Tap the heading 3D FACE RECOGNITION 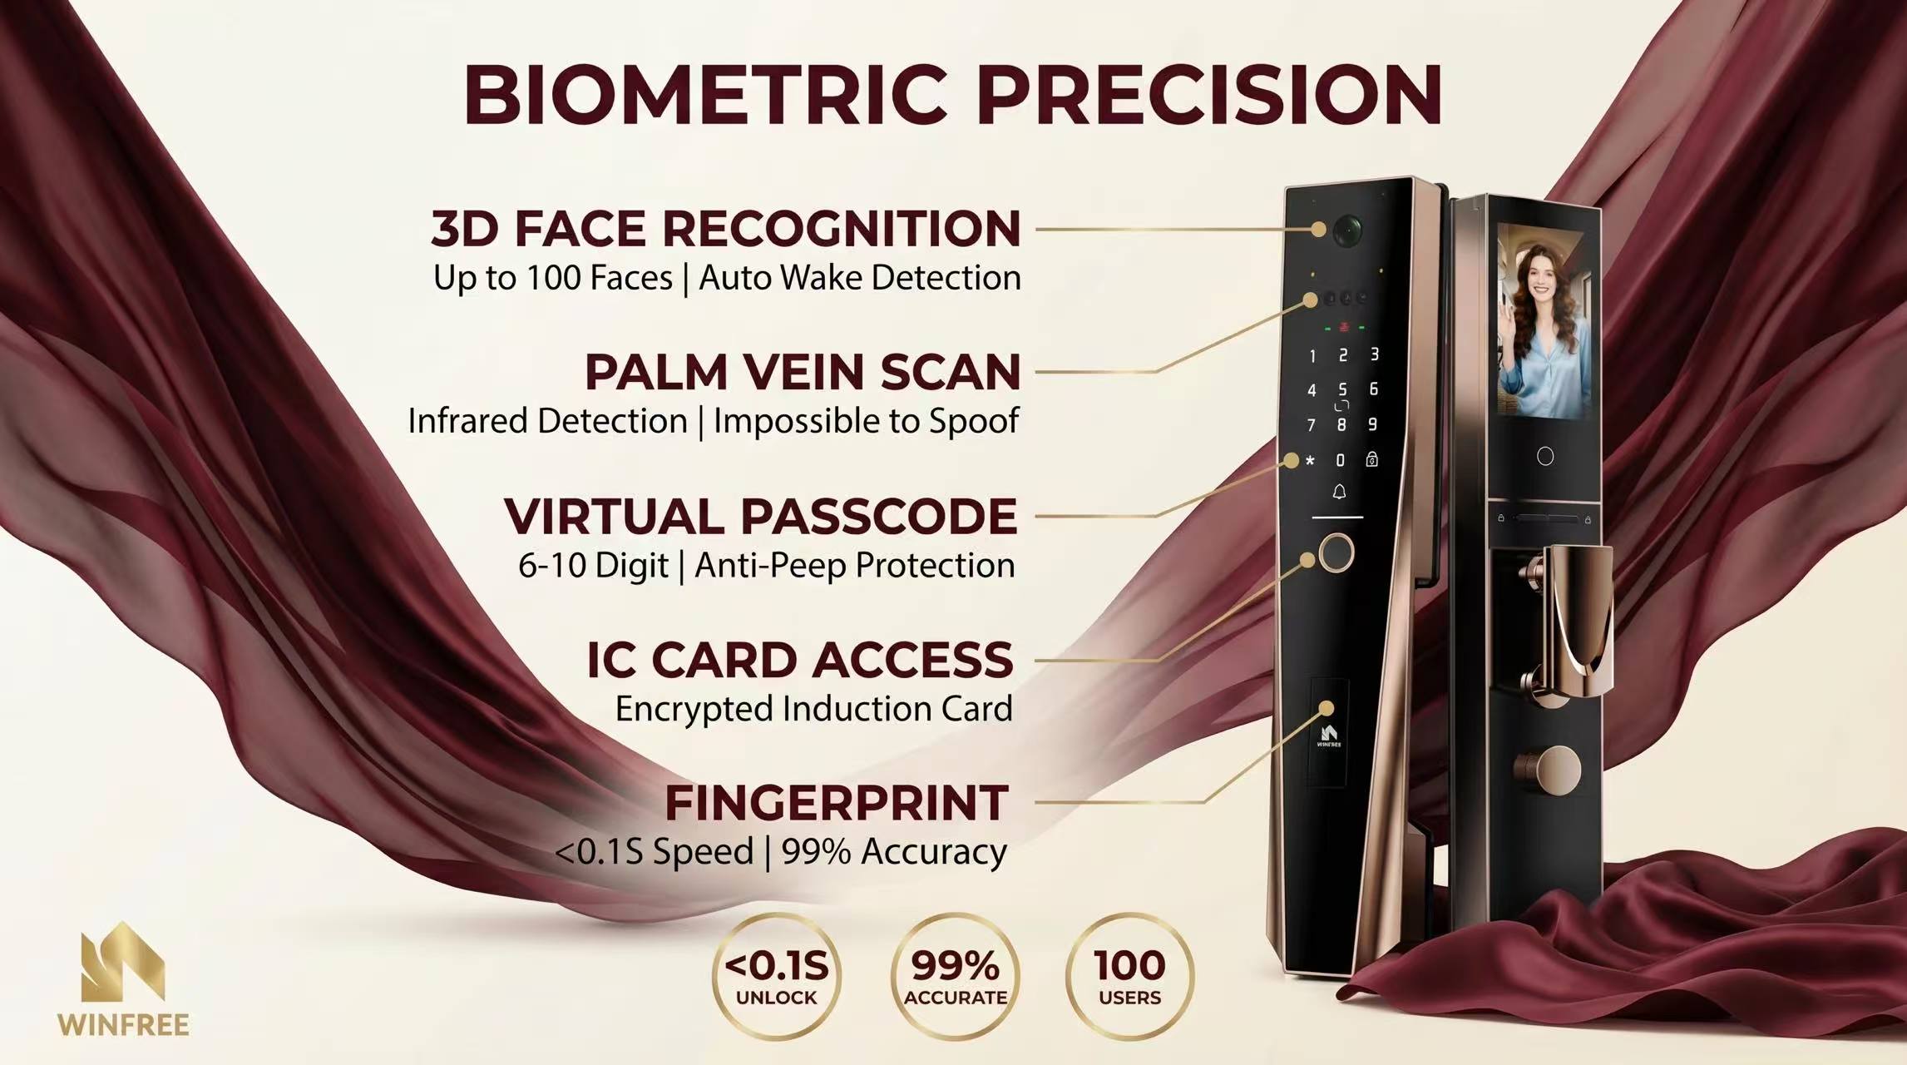point(725,228)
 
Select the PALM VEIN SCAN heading point(802,371)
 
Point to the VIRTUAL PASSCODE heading point(760,516)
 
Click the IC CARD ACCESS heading point(800,660)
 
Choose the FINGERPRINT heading point(837,803)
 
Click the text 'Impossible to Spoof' point(866,421)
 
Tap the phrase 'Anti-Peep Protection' point(855,566)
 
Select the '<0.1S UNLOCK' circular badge point(777,976)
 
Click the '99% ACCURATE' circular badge point(955,976)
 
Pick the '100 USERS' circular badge point(1129,976)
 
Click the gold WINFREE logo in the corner point(123,978)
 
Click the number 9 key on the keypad point(1372,424)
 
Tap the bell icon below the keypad point(1339,493)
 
